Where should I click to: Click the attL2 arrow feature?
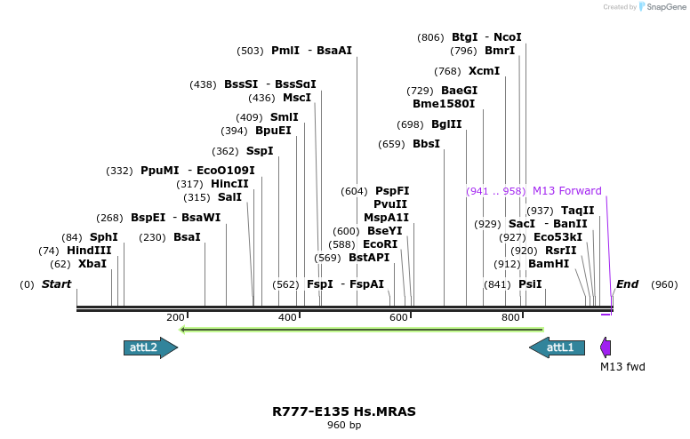click(x=149, y=347)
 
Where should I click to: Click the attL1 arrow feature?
click(x=558, y=347)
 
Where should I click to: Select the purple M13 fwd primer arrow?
click(x=606, y=347)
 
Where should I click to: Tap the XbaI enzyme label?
click(x=92, y=264)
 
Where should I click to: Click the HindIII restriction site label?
click(x=89, y=251)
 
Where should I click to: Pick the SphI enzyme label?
click(x=103, y=237)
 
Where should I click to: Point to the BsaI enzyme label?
click(x=187, y=237)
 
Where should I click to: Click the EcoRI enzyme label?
click(x=381, y=244)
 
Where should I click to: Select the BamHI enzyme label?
click(x=549, y=264)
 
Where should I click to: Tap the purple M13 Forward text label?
click(x=566, y=191)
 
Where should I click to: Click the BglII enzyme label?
click(x=446, y=124)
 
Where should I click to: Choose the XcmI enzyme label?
click(x=485, y=71)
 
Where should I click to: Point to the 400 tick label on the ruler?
click(x=287, y=317)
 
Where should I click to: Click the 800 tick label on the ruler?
click(x=510, y=317)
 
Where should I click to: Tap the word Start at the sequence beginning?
click(x=56, y=284)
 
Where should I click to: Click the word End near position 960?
click(x=627, y=284)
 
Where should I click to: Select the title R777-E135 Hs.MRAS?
click(x=344, y=411)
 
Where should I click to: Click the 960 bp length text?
click(x=344, y=425)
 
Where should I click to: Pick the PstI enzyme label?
click(x=530, y=284)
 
